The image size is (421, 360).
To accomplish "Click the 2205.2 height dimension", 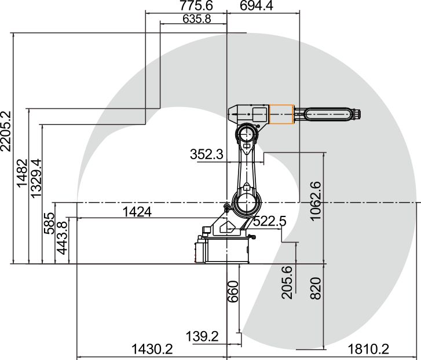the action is [x=6, y=131].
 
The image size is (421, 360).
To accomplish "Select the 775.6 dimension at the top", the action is [x=196, y=5].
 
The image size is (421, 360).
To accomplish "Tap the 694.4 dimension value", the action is [x=257, y=5].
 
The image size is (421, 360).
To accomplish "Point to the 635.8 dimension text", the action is [x=197, y=19].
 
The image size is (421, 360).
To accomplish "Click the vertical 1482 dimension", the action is [x=22, y=173].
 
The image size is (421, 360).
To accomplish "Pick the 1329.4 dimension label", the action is [x=36, y=178].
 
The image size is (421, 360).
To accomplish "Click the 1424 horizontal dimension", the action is [x=137, y=212].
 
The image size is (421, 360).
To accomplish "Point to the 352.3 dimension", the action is [x=207, y=155].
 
